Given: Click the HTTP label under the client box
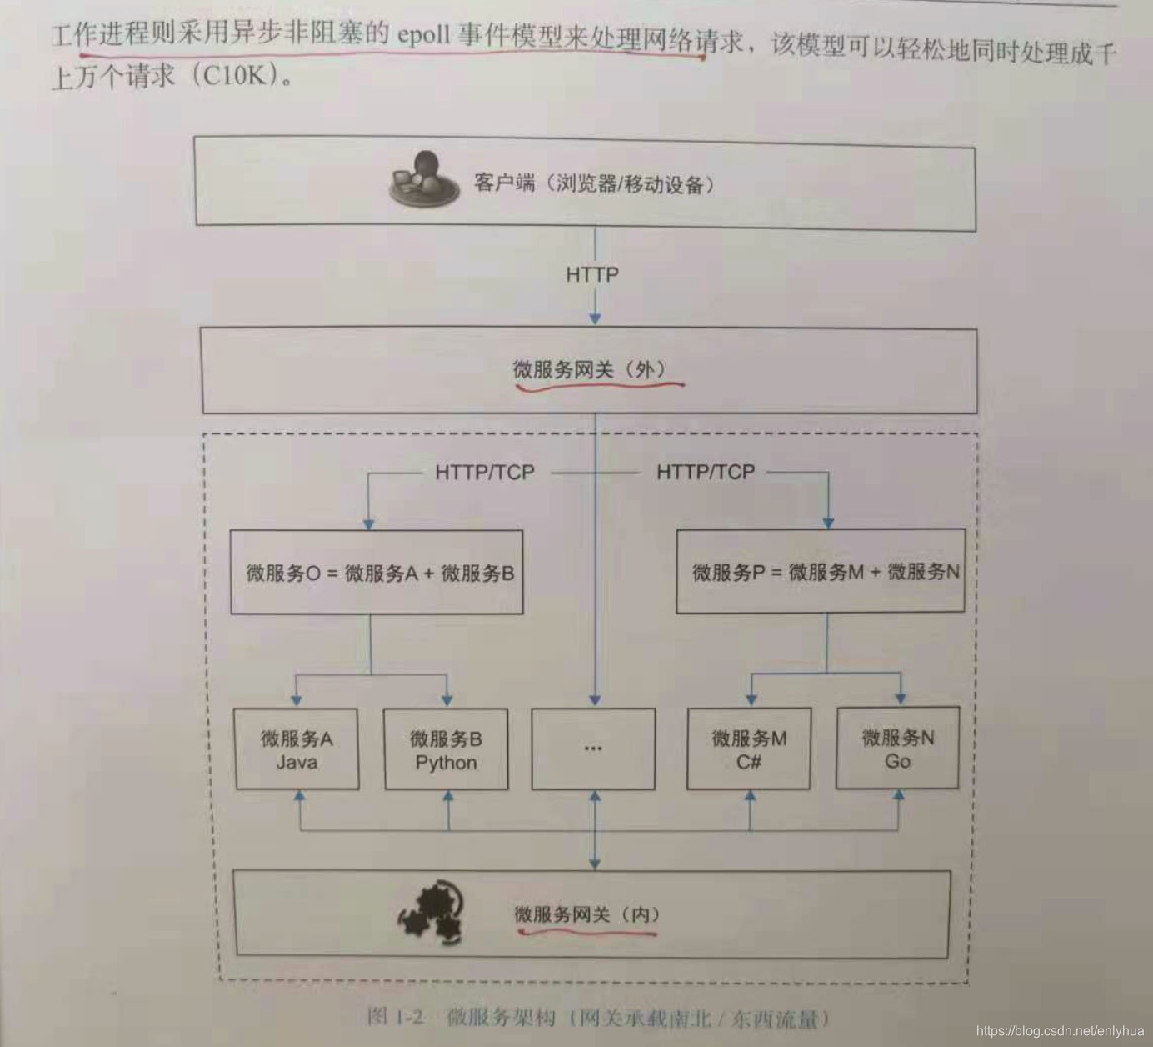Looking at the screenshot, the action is click(x=592, y=274).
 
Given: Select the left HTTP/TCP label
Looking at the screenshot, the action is click(x=485, y=473).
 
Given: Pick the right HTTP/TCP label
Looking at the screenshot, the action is click(x=706, y=473).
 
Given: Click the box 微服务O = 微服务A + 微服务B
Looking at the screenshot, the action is click(x=377, y=573).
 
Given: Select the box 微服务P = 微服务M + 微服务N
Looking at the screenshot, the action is click(x=821, y=571).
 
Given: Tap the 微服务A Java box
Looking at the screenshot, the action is click(x=297, y=749).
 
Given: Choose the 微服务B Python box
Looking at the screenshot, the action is click(x=446, y=749).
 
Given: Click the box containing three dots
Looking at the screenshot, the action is click(x=593, y=749).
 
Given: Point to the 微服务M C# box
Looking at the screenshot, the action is click(x=748, y=748).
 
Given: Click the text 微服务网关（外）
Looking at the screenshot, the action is click(x=589, y=369).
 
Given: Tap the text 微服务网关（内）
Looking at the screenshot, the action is click(x=587, y=914).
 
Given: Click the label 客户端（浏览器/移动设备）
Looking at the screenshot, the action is click(x=594, y=183).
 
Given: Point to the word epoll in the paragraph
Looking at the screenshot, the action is click(x=424, y=36).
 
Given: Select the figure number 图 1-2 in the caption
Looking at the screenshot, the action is click(x=397, y=1016).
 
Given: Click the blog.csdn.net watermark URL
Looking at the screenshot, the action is click(x=1060, y=1031).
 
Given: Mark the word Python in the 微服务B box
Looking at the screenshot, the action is click(x=446, y=762).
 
